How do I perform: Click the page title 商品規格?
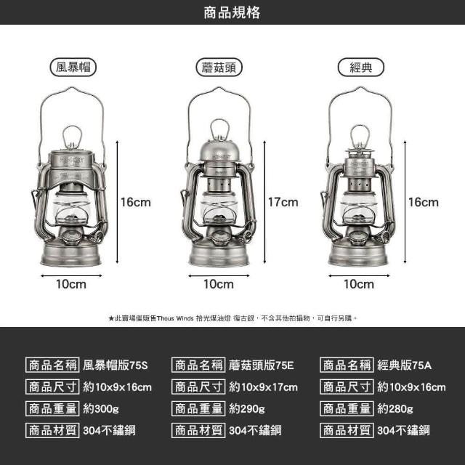click(x=232, y=12)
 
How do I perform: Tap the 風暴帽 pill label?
click(x=73, y=67)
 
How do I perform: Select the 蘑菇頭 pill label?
click(x=219, y=68)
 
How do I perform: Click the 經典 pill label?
click(x=361, y=68)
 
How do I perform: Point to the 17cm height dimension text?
click(x=283, y=202)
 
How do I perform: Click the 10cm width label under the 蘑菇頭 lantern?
click(x=219, y=284)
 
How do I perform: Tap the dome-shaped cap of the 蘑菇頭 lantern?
click(x=219, y=150)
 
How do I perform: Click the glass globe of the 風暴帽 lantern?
click(x=71, y=208)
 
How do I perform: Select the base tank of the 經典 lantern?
click(x=358, y=254)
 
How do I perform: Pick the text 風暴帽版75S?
click(x=115, y=365)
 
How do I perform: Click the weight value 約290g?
click(x=247, y=408)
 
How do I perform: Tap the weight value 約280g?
click(x=395, y=408)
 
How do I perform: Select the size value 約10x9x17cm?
click(x=263, y=387)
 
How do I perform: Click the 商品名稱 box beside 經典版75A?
click(x=347, y=365)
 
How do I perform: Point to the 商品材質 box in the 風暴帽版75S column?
click(x=52, y=430)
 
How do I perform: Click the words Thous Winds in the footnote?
click(x=175, y=318)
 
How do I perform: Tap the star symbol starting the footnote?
click(x=111, y=318)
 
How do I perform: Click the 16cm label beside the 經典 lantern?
click(x=423, y=202)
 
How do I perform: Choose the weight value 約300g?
click(x=101, y=408)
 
